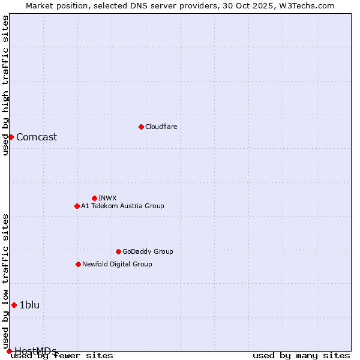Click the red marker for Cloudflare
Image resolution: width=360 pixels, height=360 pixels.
141,127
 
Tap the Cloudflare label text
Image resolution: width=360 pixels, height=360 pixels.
161,127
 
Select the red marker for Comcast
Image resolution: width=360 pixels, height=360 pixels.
11,137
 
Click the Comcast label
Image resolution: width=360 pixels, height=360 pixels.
37,137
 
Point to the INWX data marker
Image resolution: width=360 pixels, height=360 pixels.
94,198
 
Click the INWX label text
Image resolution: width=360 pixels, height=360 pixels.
107,198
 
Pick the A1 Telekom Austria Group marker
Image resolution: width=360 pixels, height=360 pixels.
77,206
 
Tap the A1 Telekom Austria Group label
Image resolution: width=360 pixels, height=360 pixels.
122,206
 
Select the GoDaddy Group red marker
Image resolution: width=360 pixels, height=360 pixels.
118,251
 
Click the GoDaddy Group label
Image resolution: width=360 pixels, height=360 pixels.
147,251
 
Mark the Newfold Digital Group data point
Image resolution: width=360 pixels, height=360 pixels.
78,264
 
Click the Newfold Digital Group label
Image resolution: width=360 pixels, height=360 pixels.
117,264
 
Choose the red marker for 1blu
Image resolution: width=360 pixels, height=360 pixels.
14,305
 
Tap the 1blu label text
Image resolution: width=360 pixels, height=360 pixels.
29,305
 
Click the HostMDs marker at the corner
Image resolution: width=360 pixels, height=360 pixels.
9,351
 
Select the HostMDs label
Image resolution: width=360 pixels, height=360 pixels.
35,351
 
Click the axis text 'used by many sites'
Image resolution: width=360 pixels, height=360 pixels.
301,356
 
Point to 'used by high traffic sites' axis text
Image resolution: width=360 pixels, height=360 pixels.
5,85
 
